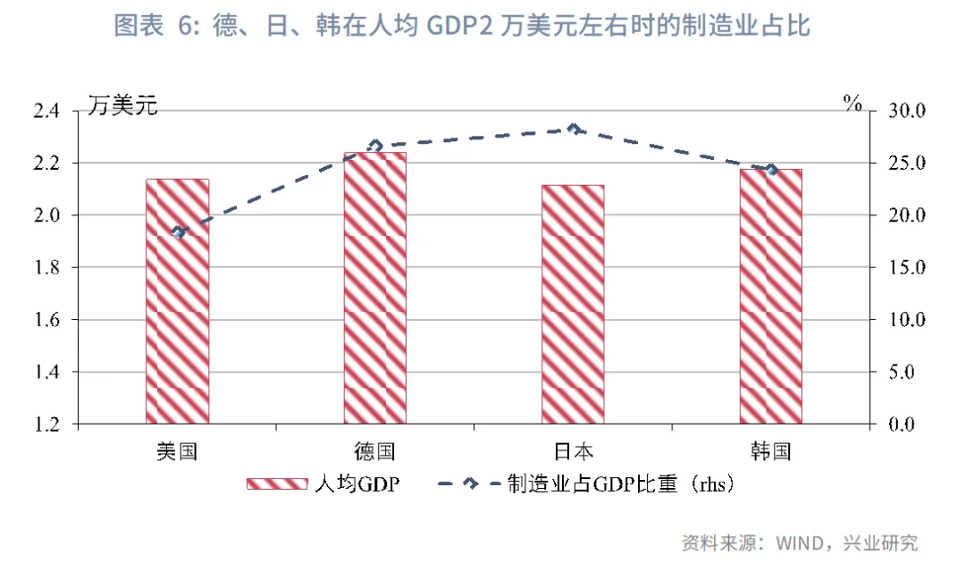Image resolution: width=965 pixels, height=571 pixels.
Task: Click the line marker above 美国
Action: tap(180, 231)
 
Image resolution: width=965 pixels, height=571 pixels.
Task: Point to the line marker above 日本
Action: tap(575, 129)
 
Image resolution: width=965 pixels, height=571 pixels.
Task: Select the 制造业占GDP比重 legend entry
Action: tap(585, 484)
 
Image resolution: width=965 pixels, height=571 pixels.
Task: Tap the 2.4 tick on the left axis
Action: tap(46, 111)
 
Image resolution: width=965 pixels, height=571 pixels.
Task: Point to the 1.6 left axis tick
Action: tap(46, 320)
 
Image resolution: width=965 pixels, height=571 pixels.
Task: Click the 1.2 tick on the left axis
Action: tap(46, 424)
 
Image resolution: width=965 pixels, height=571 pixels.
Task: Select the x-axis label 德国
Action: tap(374, 451)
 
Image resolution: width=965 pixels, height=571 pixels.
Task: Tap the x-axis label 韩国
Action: tap(771, 451)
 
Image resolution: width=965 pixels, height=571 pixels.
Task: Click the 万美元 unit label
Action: tap(122, 105)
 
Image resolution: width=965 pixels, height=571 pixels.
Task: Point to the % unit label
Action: tap(852, 103)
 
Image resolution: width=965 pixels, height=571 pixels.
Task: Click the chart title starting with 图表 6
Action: tap(462, 26)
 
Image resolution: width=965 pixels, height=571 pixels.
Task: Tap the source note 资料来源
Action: tap(800, 542)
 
